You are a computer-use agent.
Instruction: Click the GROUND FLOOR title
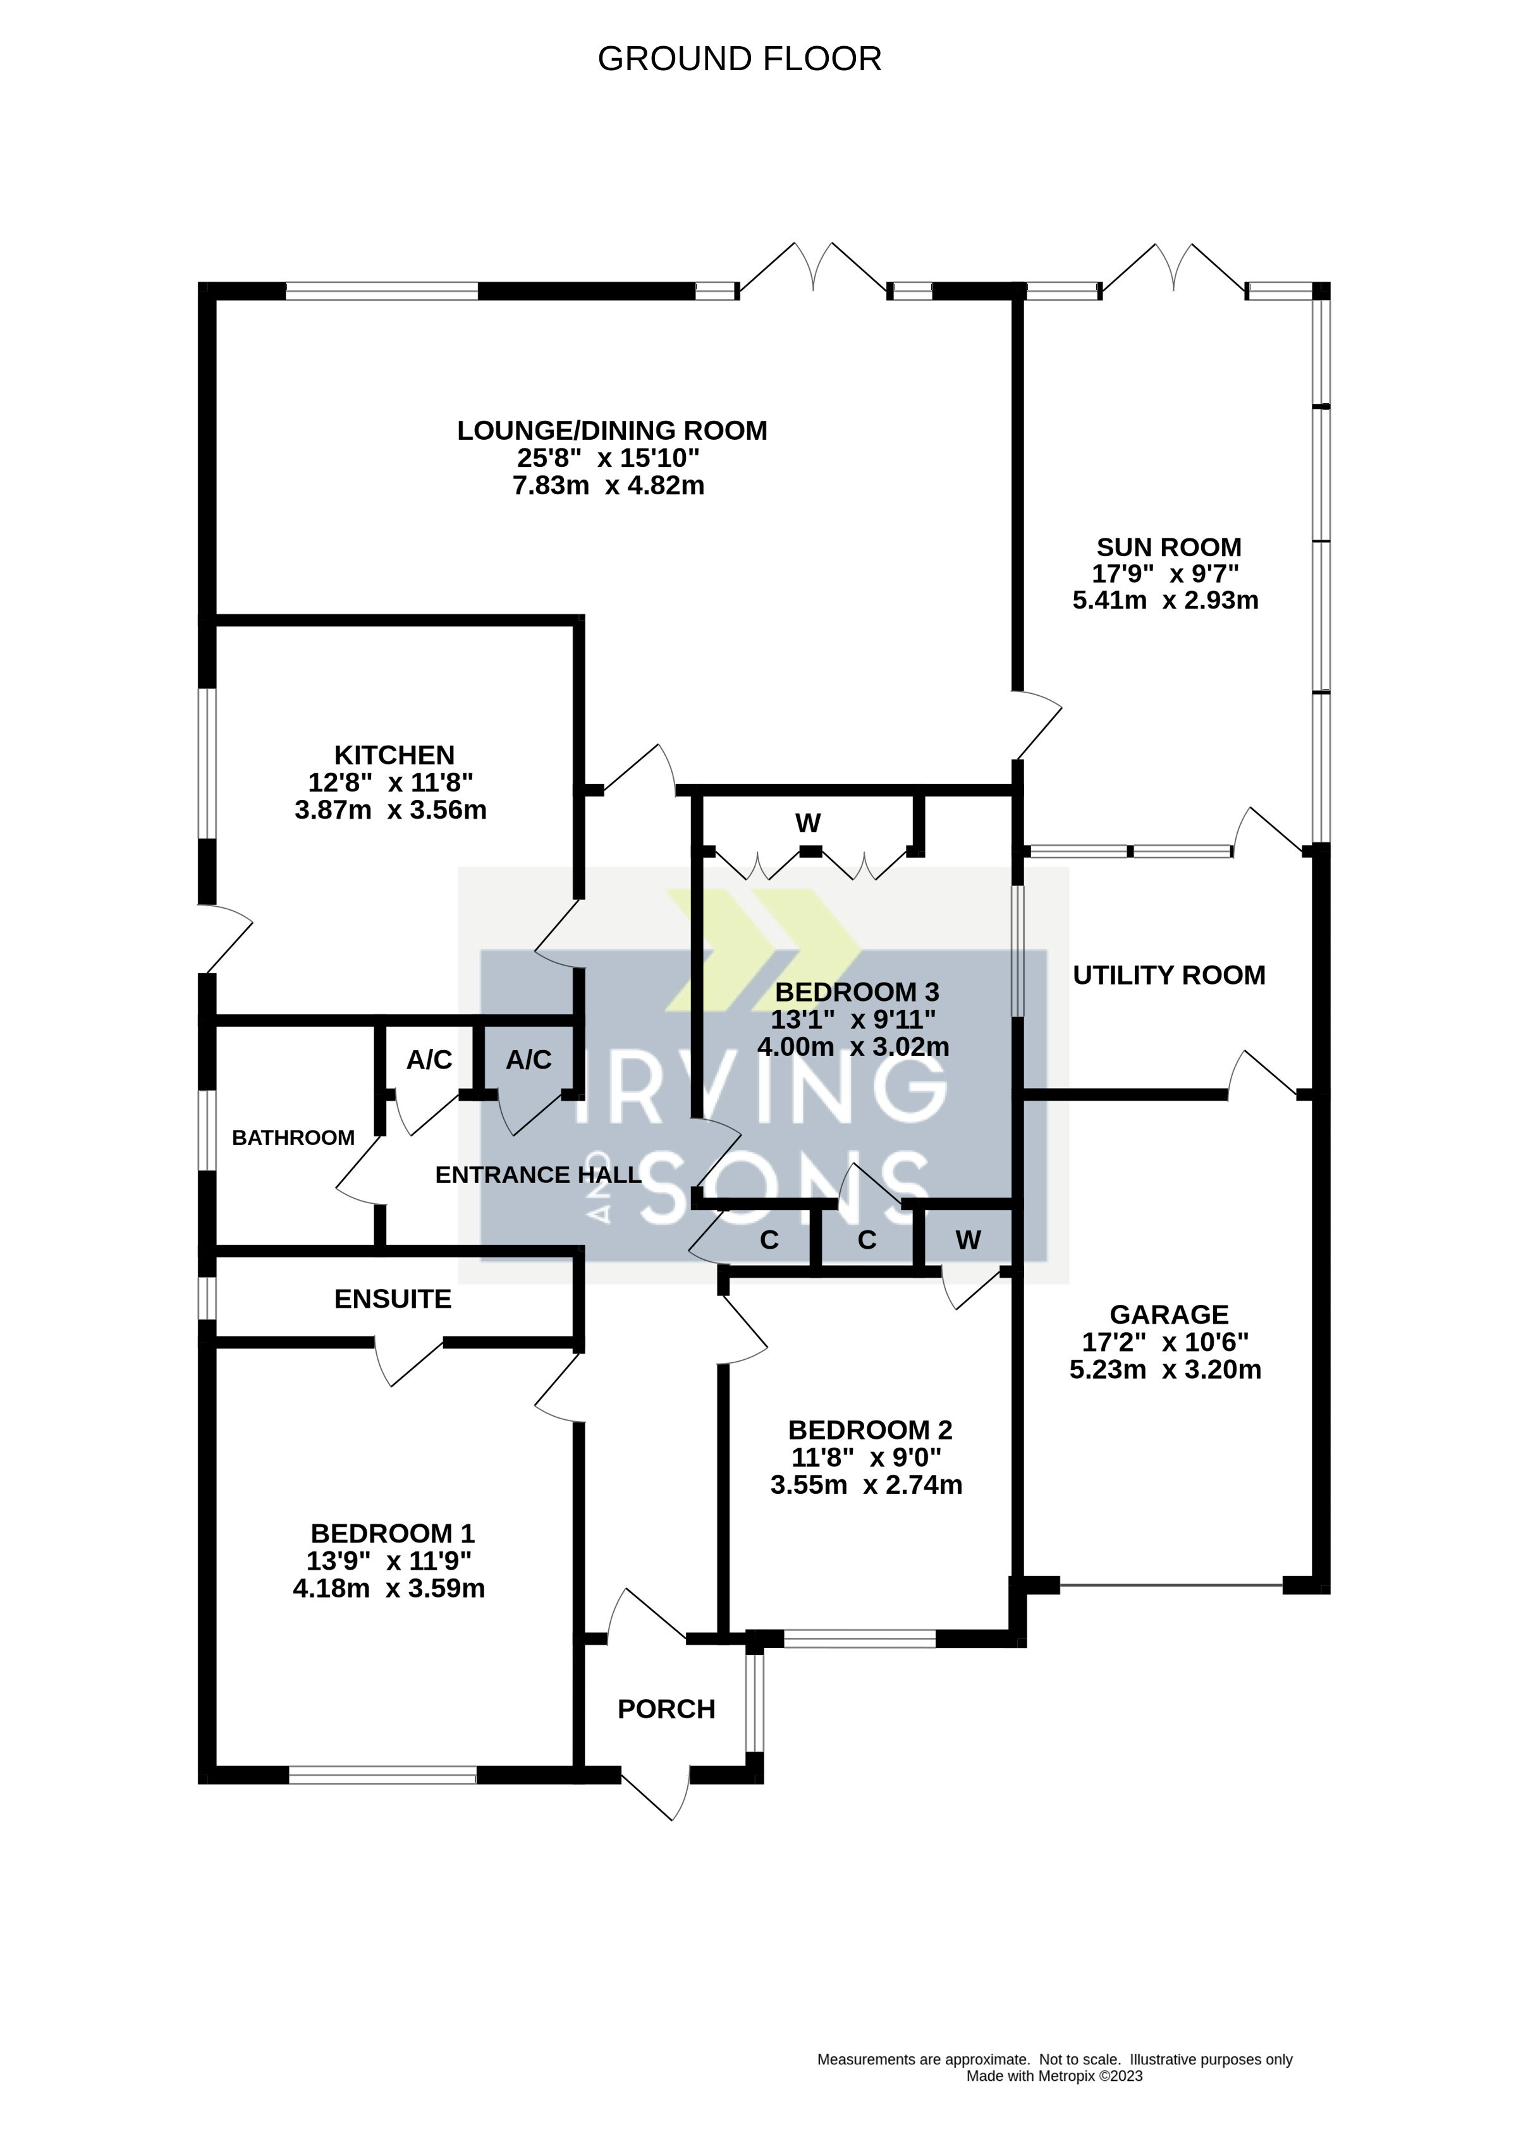(740, 59)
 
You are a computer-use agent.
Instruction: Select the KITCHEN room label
(394, 755)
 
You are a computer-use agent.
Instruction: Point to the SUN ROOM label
(1168, 547)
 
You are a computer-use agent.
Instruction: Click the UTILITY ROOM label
(1168, 975)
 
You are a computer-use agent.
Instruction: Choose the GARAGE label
(1168, 1315)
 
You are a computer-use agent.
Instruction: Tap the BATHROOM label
(293, 1138)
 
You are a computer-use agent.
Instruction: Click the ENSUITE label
(393, 1299)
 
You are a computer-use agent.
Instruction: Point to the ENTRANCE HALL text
(538, 1175)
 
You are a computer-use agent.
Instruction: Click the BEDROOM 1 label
(393, 1534)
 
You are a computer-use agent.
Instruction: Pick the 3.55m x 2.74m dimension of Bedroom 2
(865, 1485)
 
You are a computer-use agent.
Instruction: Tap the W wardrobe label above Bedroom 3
(807, 824)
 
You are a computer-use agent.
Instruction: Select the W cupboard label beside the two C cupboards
(967, 1240)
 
